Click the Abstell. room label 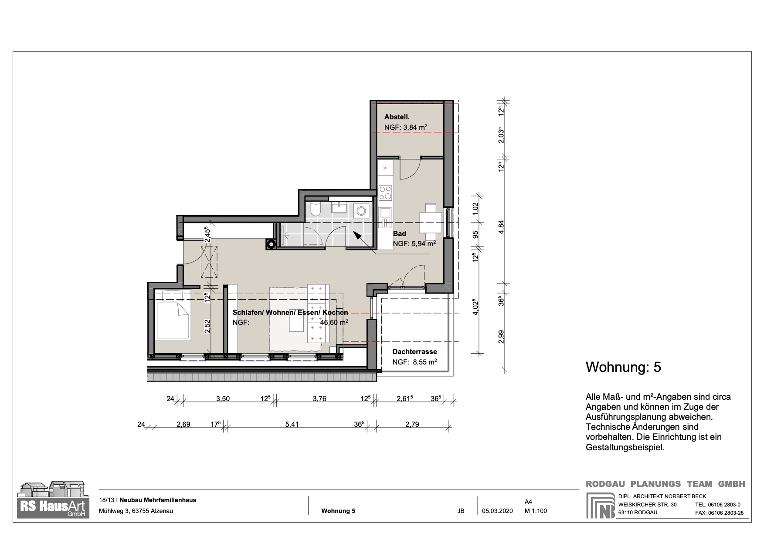tap(397, 117)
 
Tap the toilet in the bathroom tap(316, 209)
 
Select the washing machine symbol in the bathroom tap(361, 211)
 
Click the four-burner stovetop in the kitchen tap(385, 192)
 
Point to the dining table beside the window tap(431, 222)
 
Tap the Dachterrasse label tap(414, 351)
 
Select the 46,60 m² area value tap(334, 323)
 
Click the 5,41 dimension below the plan tap(292, 424)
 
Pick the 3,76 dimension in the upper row tap(319, 398)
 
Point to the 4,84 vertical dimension tap(501, 226)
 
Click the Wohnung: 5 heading tap(623, 367)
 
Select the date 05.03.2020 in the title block tap(497, 511)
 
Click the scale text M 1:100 tap(536, 511)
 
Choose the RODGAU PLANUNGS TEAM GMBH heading tap(665, 484)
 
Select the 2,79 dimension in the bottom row tap(412, 424)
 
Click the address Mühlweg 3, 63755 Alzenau tap(136, 511)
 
